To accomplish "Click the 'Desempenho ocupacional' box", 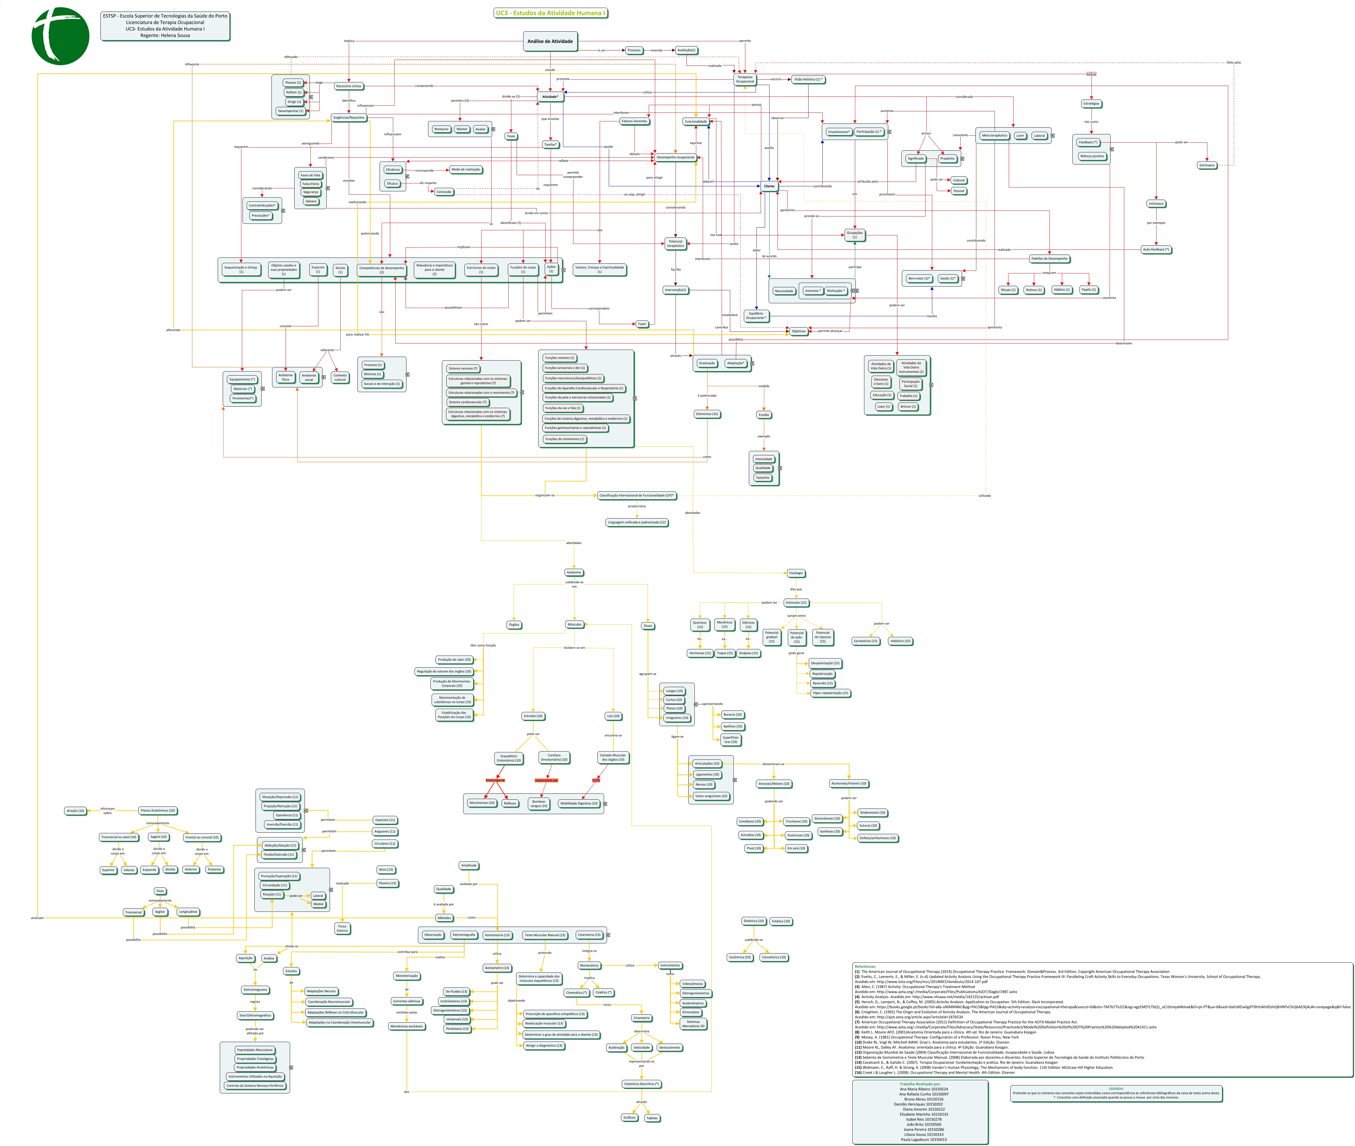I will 675,157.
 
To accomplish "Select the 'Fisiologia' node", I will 796,573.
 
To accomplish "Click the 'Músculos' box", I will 575,624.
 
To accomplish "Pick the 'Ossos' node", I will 647,626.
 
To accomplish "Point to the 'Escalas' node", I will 764,415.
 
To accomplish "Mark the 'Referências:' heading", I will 865,966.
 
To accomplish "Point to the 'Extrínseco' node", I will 1207,165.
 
